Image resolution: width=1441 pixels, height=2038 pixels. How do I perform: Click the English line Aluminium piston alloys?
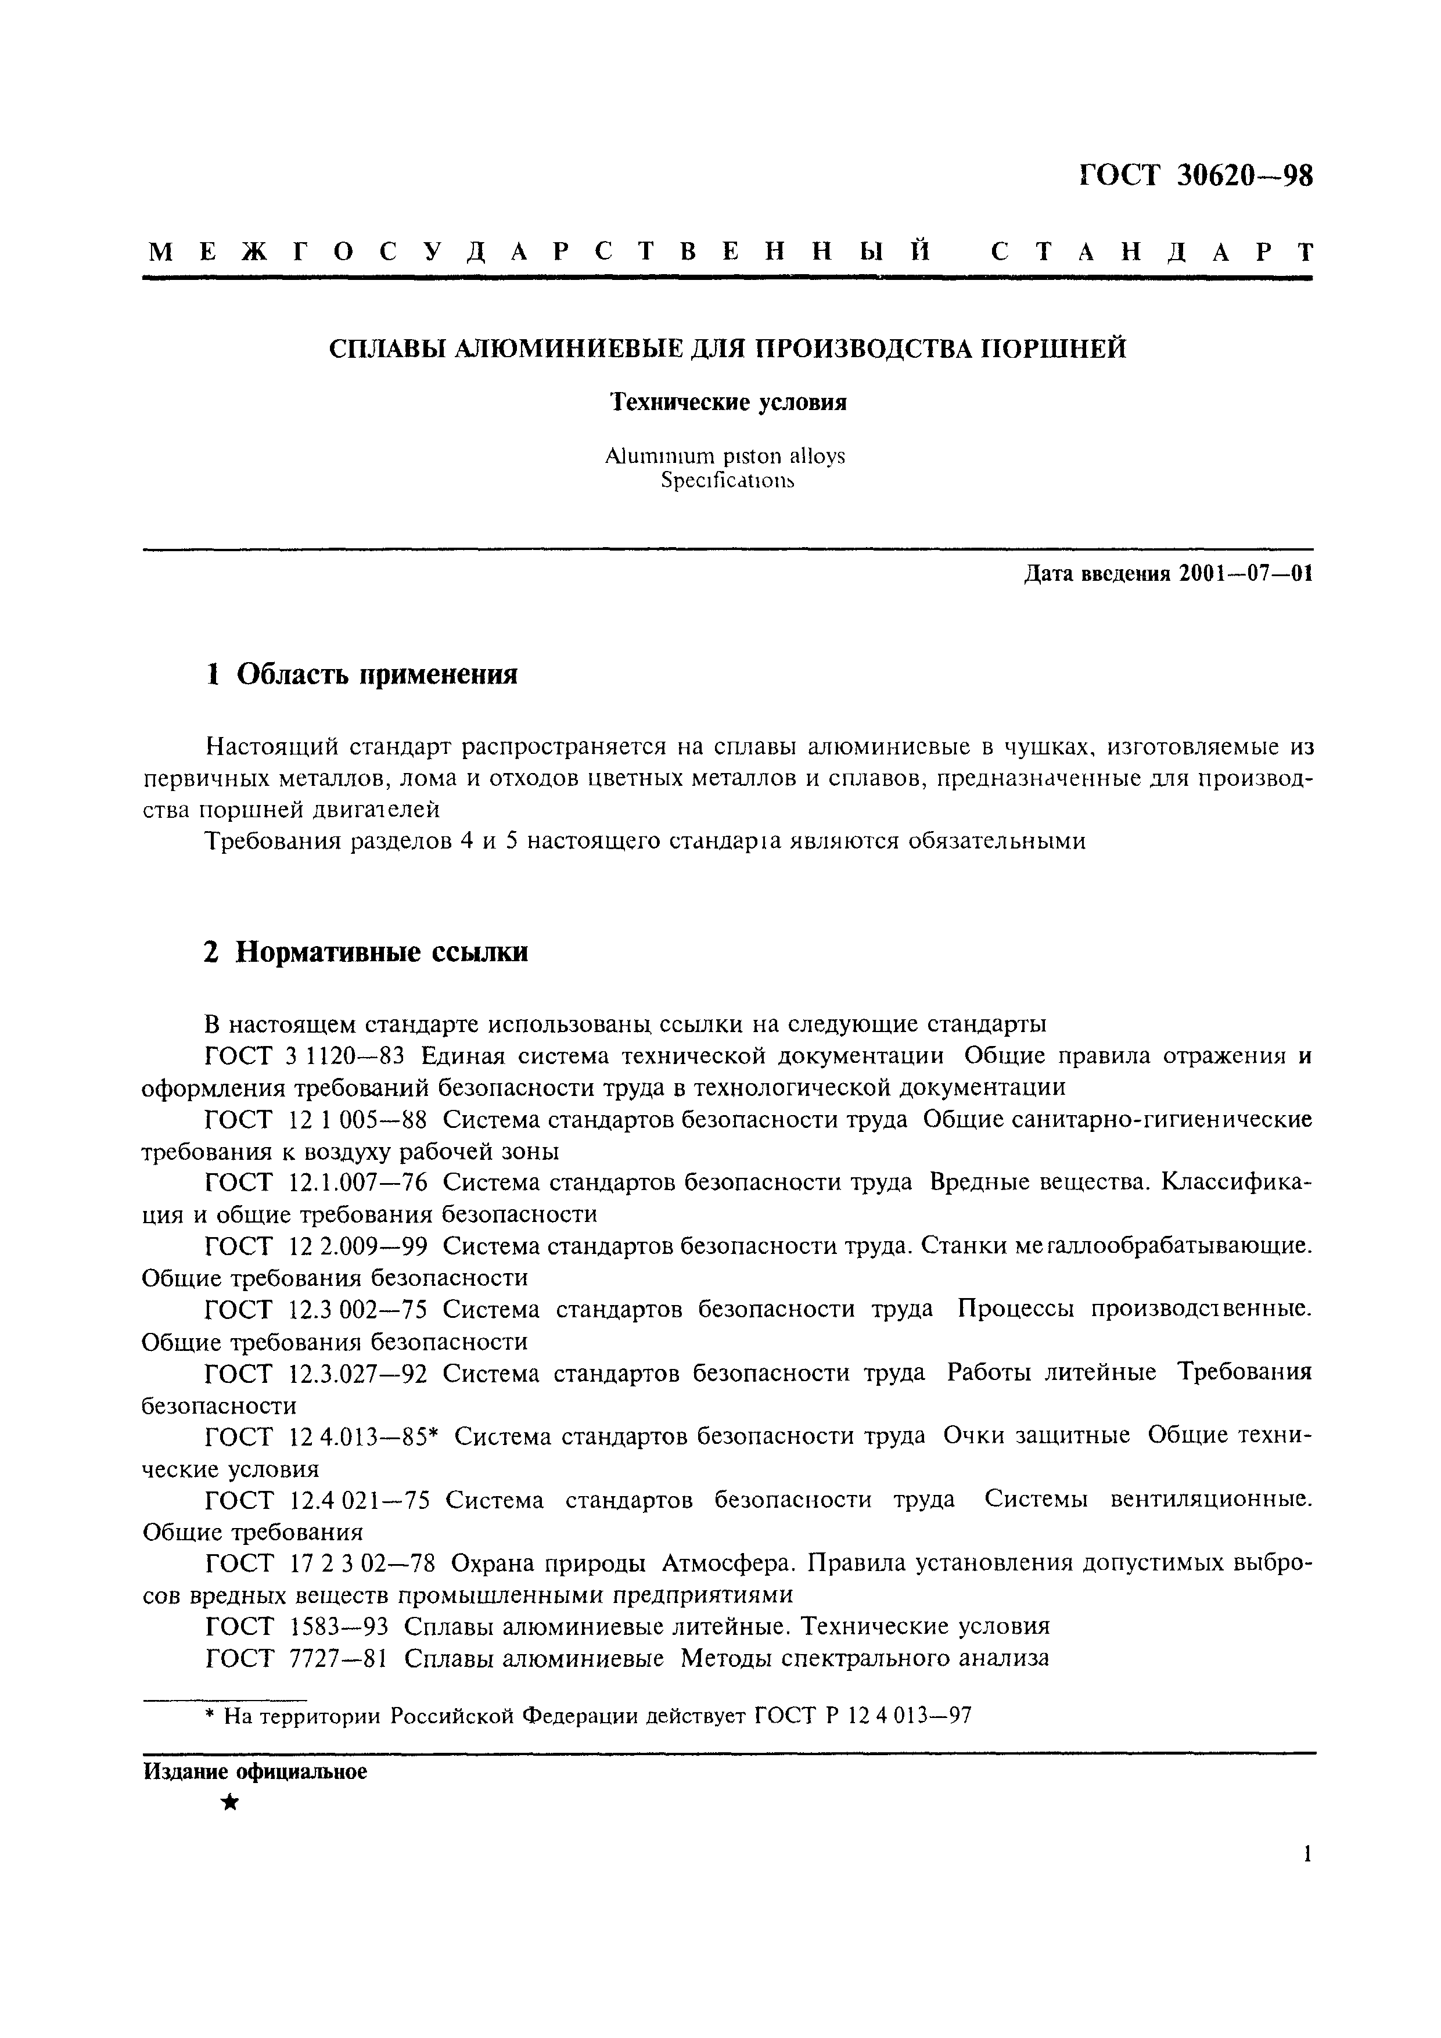click(725, 457)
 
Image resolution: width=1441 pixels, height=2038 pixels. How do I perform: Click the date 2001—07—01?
click(1246, 574)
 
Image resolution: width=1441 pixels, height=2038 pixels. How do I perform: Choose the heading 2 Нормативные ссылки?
click(366, 952)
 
